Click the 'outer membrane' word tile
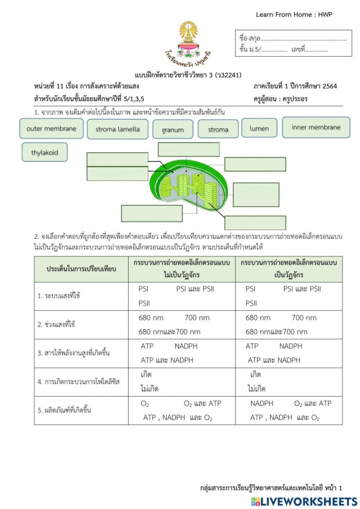[x=51, y=129]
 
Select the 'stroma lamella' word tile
[x=117, y=129]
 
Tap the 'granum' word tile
[x=172, y=130]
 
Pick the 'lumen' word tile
[x=259, y=128]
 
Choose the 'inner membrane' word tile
[x=316, y=128]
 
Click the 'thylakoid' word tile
[x=45, y=152]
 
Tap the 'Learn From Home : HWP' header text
[x=294, y=14]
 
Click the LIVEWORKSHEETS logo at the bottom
[x=304, y=501]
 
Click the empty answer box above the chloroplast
[x=188, y=149]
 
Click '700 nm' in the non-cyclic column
[x=197, y=318]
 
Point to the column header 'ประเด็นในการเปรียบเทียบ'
[x=81, y=269]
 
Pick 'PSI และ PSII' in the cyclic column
[x=302, y=289]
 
